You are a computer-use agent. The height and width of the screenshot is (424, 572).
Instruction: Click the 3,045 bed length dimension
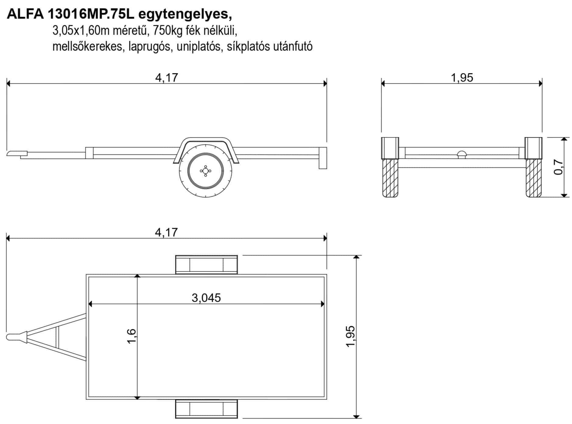click(x=206, y=298)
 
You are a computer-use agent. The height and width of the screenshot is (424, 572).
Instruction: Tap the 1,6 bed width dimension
click(x=132, y=336)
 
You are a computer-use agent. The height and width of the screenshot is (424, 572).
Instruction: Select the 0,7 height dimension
click(x=559, y=167)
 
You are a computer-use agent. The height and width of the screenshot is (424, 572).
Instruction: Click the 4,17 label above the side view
click(x=167, y=78)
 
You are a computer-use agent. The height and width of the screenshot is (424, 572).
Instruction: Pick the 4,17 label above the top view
click(x=166, y=232)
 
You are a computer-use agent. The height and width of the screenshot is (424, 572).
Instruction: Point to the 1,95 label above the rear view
click(x=462, y=78)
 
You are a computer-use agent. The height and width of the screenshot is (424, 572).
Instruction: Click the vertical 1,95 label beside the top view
click(x=351, y=336)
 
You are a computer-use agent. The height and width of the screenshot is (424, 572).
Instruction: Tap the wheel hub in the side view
click(x=205, y=171)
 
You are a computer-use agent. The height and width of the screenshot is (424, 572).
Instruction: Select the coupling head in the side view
click(x=17, y=153)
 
